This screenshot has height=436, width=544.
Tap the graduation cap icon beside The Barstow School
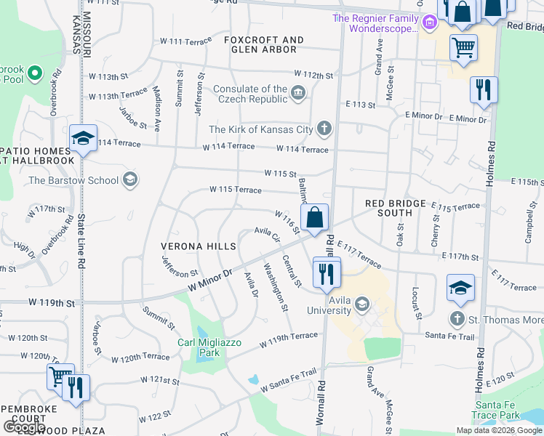click(x=130, y=179)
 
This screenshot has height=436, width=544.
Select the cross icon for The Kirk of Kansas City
click(x=325, y=129)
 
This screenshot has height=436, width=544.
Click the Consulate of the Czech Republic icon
click(x=298, y=94)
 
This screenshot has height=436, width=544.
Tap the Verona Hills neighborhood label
click(x=199, y=246)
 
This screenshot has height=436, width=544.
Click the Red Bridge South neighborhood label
click(x=389, y=208)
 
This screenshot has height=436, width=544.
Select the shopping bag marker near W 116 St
click(x=314, y=218)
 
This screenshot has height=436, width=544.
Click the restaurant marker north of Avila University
click(x=326, y=273)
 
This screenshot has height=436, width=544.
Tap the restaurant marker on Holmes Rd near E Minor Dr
click(x=483, y=91)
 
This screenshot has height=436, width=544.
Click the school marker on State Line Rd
click(x=84, y=140)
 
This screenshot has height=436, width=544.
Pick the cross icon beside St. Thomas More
click(x=457, y=318)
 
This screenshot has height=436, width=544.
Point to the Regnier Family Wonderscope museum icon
click(x=430, y=23)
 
